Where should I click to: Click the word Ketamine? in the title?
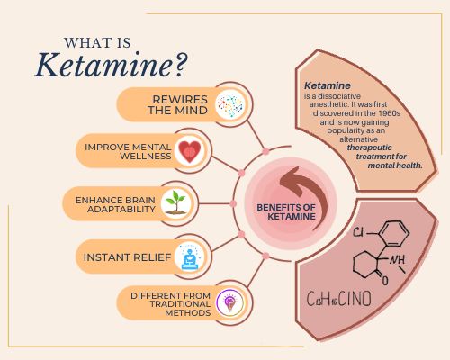[x=111, y=65]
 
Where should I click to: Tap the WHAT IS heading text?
[x=97, y=43]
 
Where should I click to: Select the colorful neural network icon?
[x=230, y=104]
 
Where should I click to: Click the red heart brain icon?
[x=189, y=151]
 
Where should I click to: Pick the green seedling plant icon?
[x=176, y=202]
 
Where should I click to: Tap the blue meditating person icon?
[x=190, y=257]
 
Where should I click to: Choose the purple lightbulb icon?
[x=230, y=303]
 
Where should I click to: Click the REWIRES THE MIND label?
[x=177, y=104]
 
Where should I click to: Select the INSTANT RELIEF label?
[x=127, y=257]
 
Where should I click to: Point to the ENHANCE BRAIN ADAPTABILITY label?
[x=115, y=204]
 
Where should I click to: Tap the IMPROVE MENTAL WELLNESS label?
[x=128, y=151]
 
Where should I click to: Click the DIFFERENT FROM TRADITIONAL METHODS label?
[x=171, y=304]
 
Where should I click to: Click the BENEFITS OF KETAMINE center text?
[x=286, y=211]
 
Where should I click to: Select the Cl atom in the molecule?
[x=358, y=232]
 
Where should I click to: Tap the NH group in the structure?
[x=397, y=260]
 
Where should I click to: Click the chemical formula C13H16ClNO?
[x=338, y=299]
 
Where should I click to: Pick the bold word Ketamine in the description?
[x=328, y=85]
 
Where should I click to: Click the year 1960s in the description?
[x=389, y=113]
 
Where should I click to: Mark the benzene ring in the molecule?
[x=394, y=234]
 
